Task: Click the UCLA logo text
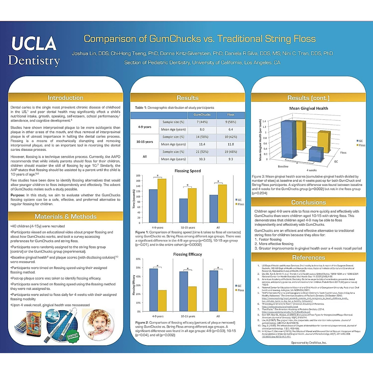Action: pyautogui.click(x=34, y=44)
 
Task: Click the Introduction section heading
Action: pyautogui.click(x=65, y=98)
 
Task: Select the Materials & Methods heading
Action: pyautogui.click(x=65, y=216)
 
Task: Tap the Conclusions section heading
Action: pyautogui.click(x=308, y=202)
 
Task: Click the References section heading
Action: pyautogui.click(x=308, y=257)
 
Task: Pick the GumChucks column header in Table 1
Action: pyautogui.click(x=202, y=115)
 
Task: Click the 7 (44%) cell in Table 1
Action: pyautogui.click(x=202, y=122)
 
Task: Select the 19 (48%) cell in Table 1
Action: pyautogui.click(x=231, y=152)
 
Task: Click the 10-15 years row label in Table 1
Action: pyautogui.click(x=145, y=142)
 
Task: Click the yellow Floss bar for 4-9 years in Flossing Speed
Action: pyautogui.click(x=162, y=200)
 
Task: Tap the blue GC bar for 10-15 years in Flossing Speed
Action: pyautogui.click(x=183, y=210)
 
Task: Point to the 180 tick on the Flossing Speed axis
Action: pyautogui.click(x=138, y=176)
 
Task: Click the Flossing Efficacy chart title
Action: pyautogui.click(x=187, y=254)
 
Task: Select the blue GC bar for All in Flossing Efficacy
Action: pyautogui.click(x=214, y=291)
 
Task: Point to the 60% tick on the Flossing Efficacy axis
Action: pyautogui.click(x=138, y=259)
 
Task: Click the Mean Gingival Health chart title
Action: pyautogui.click(x=308, y=108)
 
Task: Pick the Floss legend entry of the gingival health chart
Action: pyautogui.click(x=362, y=145)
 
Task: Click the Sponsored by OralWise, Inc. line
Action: pyautogui.click(x=309, y=343)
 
